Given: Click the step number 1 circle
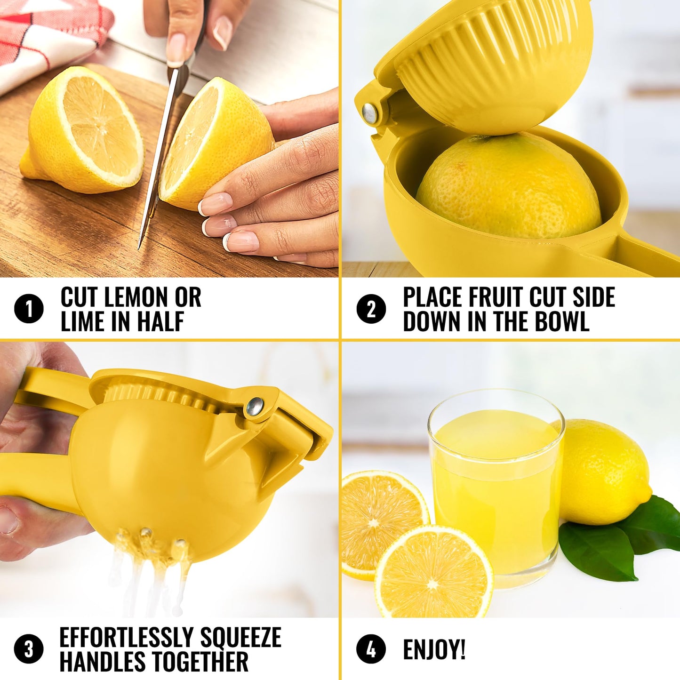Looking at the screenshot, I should point(29,309).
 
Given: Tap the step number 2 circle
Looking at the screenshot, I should point(371,309).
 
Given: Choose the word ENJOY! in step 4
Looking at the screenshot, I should point(434,649).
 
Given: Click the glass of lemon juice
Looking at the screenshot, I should point(496,489).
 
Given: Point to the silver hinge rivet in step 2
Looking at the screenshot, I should point(370,113).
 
